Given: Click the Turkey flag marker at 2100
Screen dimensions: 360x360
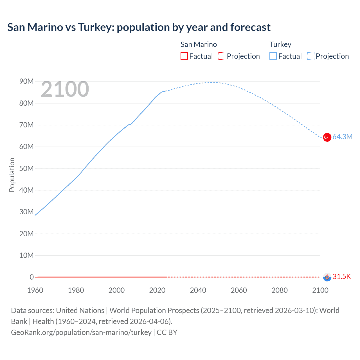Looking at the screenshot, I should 327,137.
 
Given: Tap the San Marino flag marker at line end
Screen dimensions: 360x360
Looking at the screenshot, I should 327,277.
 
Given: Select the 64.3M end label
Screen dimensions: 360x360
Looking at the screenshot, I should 342,137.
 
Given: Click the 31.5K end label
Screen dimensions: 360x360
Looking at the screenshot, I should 342,276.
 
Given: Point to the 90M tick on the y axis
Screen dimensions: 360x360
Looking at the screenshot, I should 26,82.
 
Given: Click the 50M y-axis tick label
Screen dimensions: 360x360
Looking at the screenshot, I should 26,168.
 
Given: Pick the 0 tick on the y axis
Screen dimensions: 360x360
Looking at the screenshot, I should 31,277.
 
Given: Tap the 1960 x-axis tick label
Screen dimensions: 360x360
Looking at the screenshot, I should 35,290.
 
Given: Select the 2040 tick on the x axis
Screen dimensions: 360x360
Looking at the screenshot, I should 198,290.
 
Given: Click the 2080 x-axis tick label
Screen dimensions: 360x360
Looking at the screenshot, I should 280,290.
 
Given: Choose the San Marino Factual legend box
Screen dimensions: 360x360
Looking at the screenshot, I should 184,56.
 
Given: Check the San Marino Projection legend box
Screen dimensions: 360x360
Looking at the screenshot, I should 222,56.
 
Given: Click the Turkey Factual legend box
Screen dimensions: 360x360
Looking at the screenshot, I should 273,56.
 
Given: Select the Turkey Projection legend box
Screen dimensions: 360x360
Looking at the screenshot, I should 311,56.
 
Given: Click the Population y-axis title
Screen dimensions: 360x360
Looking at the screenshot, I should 12,175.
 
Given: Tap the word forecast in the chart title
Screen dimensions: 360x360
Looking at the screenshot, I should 250,27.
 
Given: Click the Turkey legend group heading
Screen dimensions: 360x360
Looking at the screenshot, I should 280,44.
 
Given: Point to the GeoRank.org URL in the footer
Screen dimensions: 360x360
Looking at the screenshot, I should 81,332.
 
